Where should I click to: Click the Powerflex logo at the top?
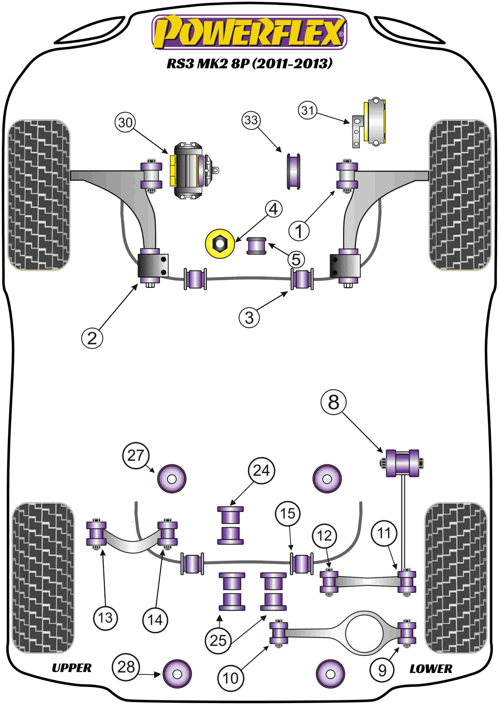coord(249,32)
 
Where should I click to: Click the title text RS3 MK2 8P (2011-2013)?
coord(249,64)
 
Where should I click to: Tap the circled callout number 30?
coord(125,122)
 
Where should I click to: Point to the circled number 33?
coord(251,120)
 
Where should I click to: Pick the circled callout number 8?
coord(333,402)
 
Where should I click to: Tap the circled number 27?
coord(135,455)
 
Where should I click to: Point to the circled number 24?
coord(261,470)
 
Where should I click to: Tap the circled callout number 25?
coord(218,640)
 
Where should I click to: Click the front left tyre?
coord(39,195)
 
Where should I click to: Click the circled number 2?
coord(92,338)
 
